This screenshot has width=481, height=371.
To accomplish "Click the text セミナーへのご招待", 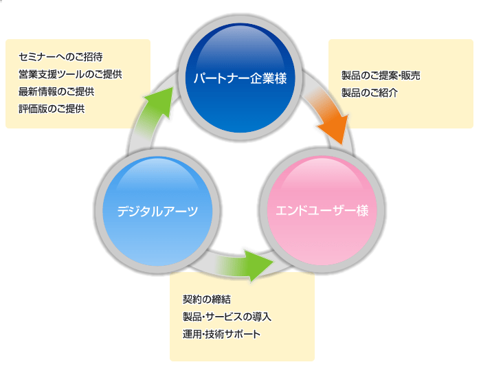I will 61,56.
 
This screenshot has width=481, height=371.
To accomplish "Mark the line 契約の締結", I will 207,300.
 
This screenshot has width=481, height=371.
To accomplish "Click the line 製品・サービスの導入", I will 227,317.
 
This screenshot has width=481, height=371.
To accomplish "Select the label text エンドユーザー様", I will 322,211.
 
